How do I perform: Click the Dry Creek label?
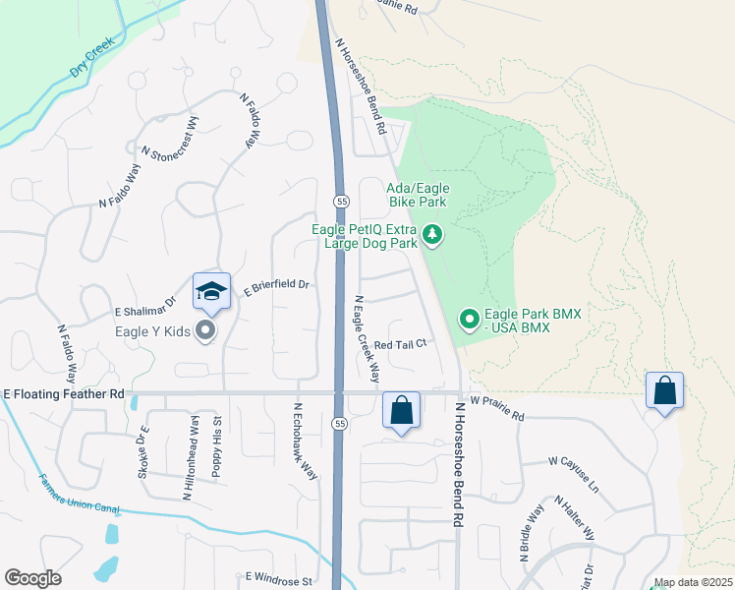tap(92, 59)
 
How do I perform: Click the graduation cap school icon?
tap(211, 291)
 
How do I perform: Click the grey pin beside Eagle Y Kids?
tap(205, 330)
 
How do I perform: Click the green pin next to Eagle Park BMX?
tap(469, 320)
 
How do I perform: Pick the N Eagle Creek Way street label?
tap(367, 338)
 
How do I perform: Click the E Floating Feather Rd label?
tap(64, 393)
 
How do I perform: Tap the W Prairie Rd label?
tap(496, 409)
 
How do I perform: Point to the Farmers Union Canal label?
tap(79, 495)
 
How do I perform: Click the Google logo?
tap(32, 577)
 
